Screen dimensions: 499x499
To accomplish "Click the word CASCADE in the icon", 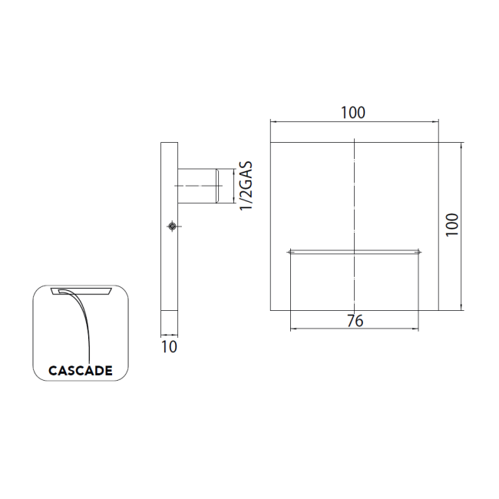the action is (81, 371).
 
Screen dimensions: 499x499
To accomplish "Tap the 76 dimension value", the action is (355, 321).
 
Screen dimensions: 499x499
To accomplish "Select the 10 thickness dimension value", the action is (169, 347).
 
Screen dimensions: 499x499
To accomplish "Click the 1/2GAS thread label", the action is (246, 186).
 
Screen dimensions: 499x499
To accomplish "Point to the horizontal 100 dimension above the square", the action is (353, 113).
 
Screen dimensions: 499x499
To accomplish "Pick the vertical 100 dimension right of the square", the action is (452, 225).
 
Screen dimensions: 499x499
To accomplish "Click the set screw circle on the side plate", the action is (172, 226).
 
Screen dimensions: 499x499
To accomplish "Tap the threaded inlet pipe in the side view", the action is (197, 186).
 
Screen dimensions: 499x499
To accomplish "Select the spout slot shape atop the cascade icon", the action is (81, 291).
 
